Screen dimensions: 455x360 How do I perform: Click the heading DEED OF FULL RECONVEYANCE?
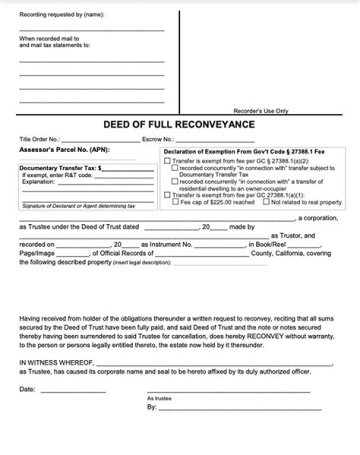179,124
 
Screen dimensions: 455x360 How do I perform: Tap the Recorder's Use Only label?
260,111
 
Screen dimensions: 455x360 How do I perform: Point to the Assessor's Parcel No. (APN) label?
64,149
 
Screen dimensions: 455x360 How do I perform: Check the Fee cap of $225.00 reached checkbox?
175,202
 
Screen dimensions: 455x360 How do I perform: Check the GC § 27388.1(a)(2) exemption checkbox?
167,161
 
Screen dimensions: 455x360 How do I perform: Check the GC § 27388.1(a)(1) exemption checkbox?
167,195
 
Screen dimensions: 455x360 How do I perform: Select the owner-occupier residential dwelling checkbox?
175,182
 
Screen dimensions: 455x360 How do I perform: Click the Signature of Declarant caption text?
78,206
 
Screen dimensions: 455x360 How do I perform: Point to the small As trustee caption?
159,398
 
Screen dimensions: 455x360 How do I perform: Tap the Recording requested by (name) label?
61,15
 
